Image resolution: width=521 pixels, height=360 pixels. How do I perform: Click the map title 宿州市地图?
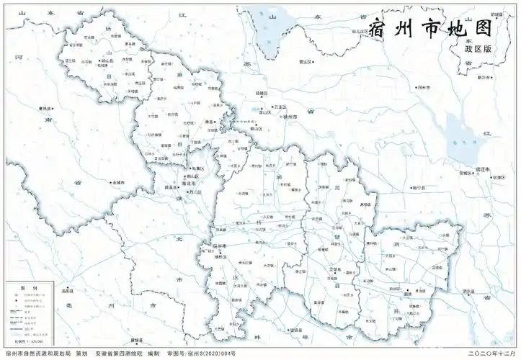[430, 29]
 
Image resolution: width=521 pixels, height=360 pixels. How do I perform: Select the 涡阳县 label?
[68, 292]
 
